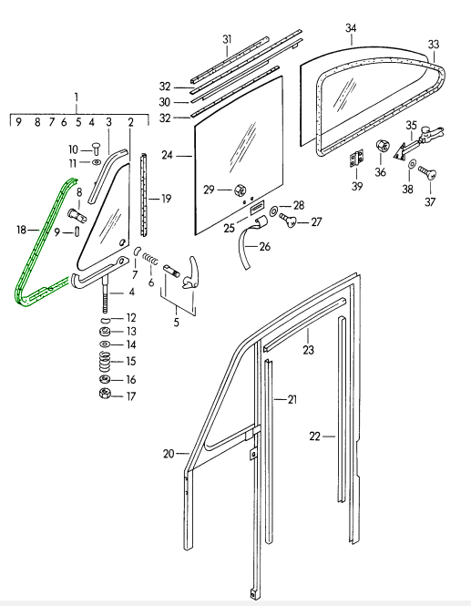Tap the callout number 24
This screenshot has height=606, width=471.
tap(167, 155)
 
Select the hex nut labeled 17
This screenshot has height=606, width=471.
tap(105, 394)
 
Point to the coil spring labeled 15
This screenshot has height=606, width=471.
tap(105, 362)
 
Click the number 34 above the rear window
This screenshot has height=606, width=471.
tap(351, 28)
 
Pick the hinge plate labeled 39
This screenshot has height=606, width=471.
tap(357, 159)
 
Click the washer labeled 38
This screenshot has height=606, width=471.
tap(412, 164)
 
